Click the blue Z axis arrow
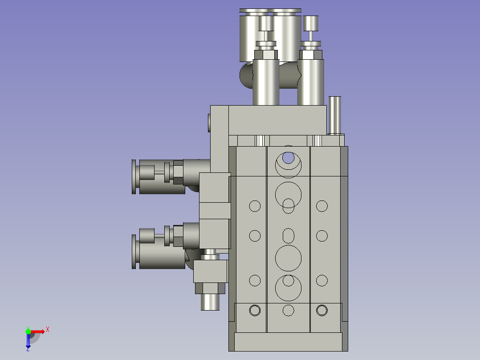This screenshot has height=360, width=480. pyautogui.click(x=28, y=341)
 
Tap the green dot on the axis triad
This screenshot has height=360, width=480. pyautogui.click(x=28, y=331)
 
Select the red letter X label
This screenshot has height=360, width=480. pyautogui.click(x=47, y=330)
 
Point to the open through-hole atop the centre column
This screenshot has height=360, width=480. pyautogui.click(x=288, y=157)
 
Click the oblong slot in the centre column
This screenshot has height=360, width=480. pyautogui.click(x=289, y=236)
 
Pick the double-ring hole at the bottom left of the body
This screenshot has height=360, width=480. pyautogui.click(x=255, y=310)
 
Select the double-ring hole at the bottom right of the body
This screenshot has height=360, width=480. pyautogui.click(x=322, y=310)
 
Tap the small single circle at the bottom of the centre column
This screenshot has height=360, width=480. pyautogui.click(x=289, y=310)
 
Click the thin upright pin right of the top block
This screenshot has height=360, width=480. pyautogui.click(x=335, y=115)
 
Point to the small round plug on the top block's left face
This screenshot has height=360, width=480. pyautogui.click(x=209, y=122)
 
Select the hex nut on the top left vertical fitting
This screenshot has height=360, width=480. pyautogui.click(x=266, y=54)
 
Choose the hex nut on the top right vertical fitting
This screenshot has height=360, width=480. pyautogui.click(x=311, y=54)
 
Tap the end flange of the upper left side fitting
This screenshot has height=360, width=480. pyautogui.click(x=134, y=176)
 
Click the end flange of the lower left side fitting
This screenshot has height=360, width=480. pyautogui.click(x=134, y=252)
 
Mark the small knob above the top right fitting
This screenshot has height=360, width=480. pyautogui.click(x=311, y=23)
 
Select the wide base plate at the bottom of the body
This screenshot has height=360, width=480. pyautogui.click(x=288, y=342)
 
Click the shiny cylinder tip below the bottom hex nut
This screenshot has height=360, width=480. pyautogui.click(x=210, y=302)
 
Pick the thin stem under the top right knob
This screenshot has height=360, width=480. pyautogui.click(x=311, y=35)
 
